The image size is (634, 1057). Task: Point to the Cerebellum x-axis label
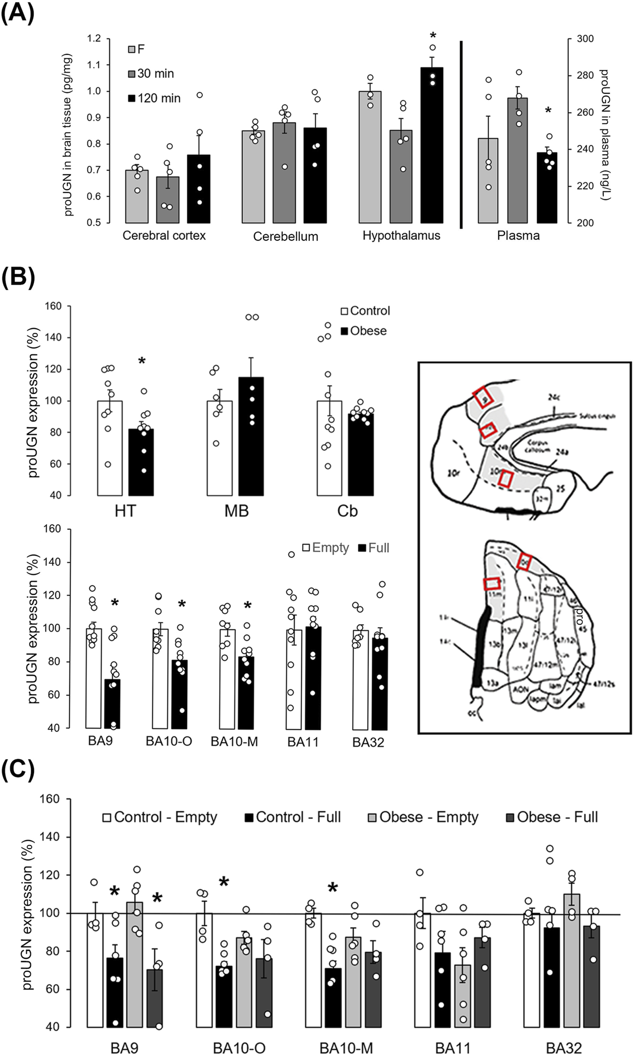285,236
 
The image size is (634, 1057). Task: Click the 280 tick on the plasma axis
585,75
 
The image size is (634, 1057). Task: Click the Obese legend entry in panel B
364,331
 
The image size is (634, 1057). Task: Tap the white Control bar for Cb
329,448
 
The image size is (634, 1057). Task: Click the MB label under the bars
237,511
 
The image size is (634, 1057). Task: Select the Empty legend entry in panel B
326,548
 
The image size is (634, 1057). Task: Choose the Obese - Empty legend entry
423,817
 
